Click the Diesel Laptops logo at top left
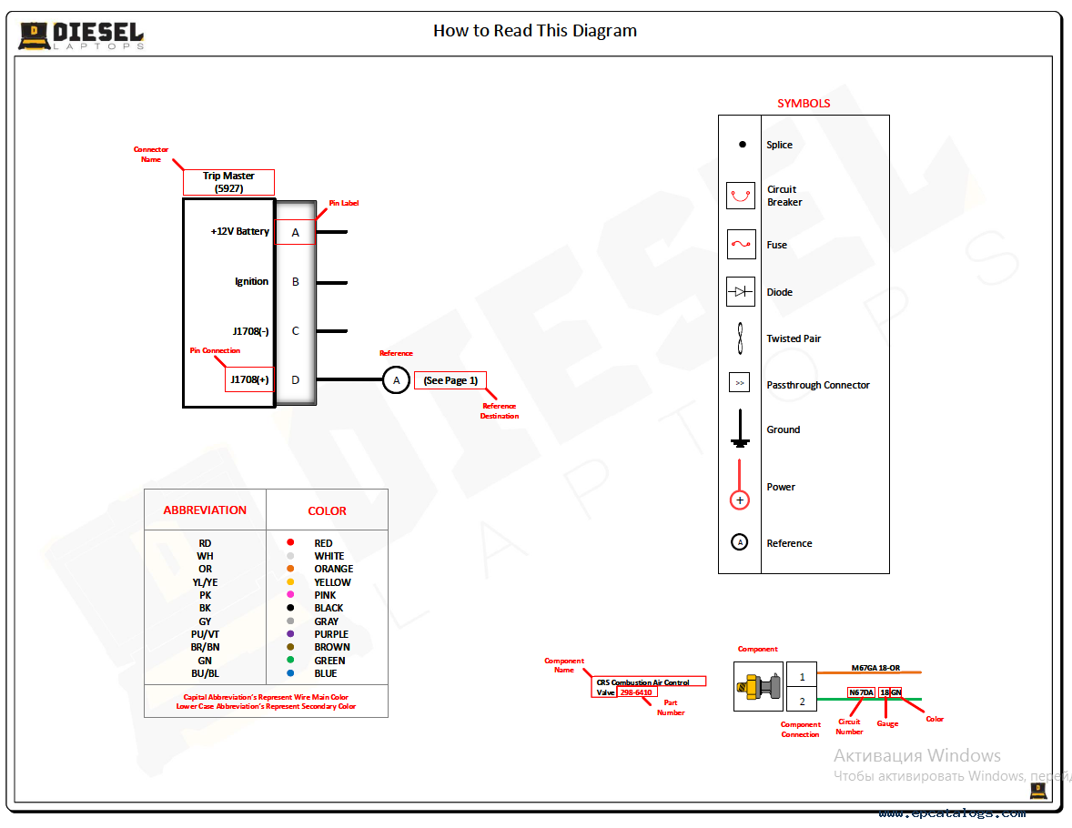tap(81, 35)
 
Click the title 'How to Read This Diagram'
tap(534, 31)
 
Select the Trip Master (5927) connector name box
tap(228, 182)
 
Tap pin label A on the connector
tap(295, 233)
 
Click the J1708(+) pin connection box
tap(249, 379)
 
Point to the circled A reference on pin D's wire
tap(396, 379)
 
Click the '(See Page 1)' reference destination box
tap(450, 380)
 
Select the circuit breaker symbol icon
tap(741, 196)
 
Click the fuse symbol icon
tap(741, 244)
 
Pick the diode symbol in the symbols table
tap(741, 292)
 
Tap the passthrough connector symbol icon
tap(740, 383)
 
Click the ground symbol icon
tap(740, 429)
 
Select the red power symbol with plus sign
tap(740, 500)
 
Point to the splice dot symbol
tap(742, 145)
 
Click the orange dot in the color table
tap(290, 569)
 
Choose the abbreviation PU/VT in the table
tap(205, 634)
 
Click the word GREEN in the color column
tap(329, 661)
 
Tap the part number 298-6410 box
tap(636, 692)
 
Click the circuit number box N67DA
tap(861, 692)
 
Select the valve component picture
tap(758, 687)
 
